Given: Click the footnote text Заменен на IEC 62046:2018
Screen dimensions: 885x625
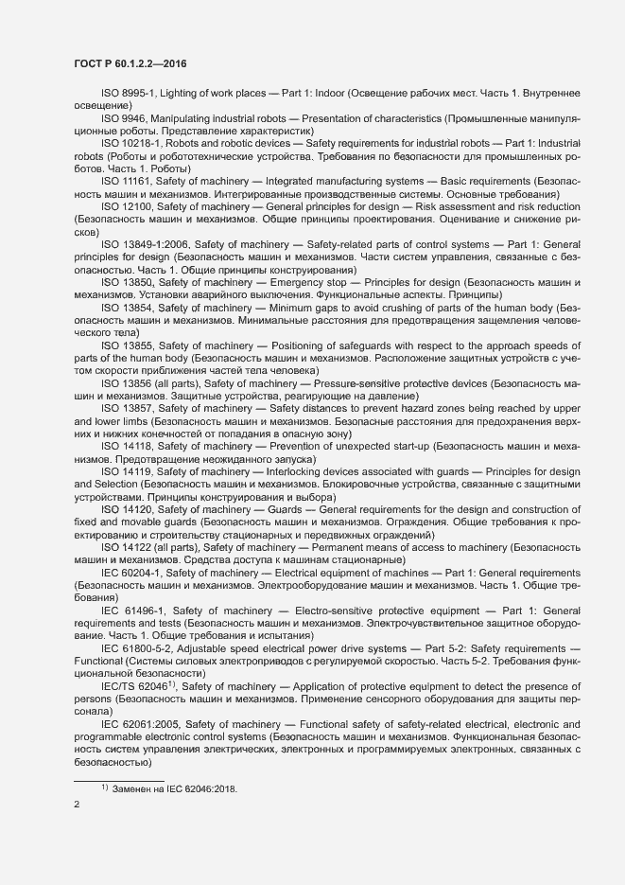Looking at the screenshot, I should pos(174,788).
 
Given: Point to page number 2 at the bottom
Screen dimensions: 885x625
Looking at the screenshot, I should pos(77,805).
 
